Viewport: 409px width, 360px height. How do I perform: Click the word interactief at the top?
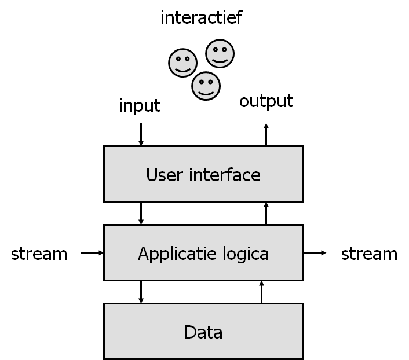[x=201, y=18]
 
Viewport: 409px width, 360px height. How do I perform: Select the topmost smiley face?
[x=220, y=53]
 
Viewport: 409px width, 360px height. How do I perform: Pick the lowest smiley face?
[x=206, y=86]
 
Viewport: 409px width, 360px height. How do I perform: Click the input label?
[x=140, y=106]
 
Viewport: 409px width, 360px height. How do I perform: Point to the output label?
[x=266, y=101]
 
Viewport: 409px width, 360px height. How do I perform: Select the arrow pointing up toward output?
[x=266, y=134]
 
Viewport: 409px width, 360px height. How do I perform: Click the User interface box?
[x=203, y=174]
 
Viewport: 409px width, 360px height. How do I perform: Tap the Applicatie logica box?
[x=203, y=253]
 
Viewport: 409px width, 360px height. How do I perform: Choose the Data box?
[x=203, y=332]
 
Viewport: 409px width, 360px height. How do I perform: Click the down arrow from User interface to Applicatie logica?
[x=141, y=213]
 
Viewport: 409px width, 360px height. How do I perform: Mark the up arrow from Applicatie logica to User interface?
[x=266, y=213]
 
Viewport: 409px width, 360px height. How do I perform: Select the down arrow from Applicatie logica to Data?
[x=141, y=292]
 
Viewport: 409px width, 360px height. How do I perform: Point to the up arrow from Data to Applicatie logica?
[x=262, y=292]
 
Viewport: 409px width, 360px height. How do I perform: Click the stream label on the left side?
[x=39, y=254]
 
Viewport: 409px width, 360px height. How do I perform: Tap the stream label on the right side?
[x=369, y=254]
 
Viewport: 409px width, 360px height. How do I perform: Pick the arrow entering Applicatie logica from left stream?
[x=92, y=253]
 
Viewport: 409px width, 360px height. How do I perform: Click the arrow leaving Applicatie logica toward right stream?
[x=315, y=253]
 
